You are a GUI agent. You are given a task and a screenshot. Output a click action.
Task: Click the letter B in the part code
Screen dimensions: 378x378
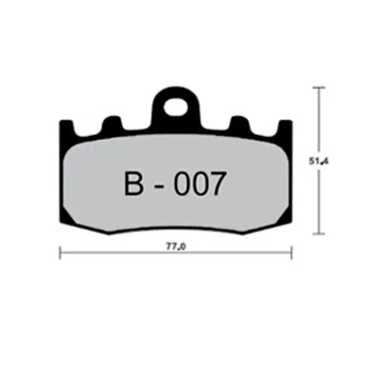tap(134, 184)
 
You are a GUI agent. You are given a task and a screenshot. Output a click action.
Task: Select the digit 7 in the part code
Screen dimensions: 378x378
tap(214, 184)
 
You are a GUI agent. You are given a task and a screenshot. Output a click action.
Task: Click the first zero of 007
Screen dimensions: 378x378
tap(182, 184)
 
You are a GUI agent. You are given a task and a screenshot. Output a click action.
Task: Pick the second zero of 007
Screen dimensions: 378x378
tap(198, 184)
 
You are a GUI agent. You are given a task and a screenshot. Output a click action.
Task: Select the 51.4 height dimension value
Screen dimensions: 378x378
tap(319, 161)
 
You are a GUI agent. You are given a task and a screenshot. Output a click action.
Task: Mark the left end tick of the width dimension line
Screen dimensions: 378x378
tap(60, 253)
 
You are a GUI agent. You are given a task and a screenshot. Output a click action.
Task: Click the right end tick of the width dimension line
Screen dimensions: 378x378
tap(292, 253)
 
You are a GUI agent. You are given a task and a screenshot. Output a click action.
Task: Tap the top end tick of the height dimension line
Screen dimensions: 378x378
tap(320, 88)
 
